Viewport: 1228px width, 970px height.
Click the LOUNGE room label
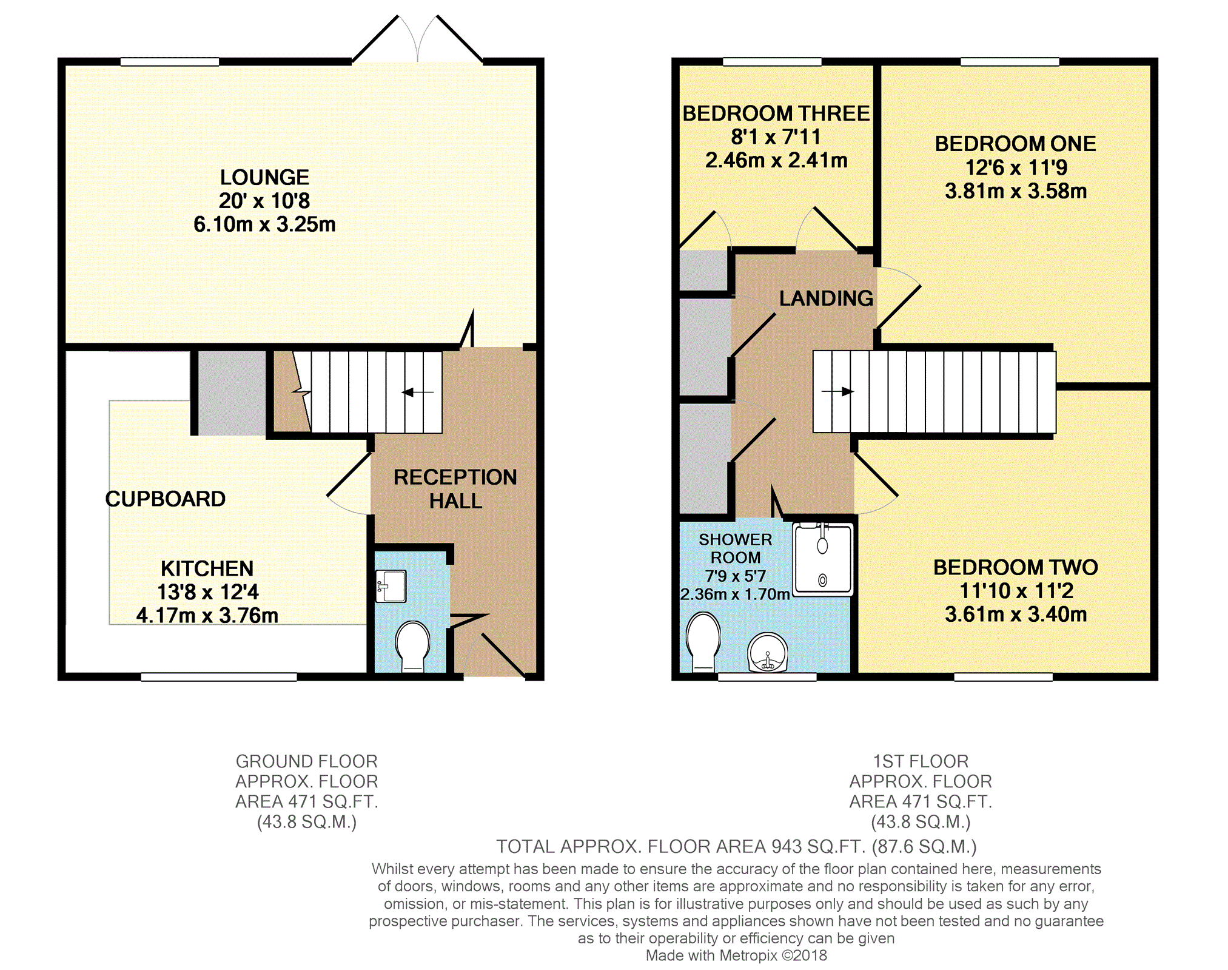click(x=264, y=177)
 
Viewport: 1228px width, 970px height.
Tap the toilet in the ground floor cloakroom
click(x=413, y=647)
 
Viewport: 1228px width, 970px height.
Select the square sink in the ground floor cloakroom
click(x=391, y=586)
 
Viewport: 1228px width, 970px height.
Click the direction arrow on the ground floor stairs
click(x=418, y=392)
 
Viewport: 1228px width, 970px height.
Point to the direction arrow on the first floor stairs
click(x=837, y=391)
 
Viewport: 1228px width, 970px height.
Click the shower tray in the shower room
click(x=823, y=559)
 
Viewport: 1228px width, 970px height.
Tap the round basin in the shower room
click(x=767, y=653)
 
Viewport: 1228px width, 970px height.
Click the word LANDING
click(x=826, y=298)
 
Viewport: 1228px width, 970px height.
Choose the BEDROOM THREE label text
click(x=776, y=113)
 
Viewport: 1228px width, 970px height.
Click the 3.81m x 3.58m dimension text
click(x=1016, y=191)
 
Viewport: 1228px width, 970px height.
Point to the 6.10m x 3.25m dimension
click(x=264, y=224)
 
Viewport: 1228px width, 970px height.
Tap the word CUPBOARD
click(x=166, y=499)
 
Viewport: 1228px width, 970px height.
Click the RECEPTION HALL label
click(x=455, y=489)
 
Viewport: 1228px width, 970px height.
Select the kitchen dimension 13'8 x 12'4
click(x=207, y=591)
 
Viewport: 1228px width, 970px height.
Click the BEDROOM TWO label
click(x=1016, y=567)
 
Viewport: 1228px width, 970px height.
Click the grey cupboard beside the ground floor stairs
click(x=232, y=393)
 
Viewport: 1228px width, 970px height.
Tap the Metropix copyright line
click(x=736, y=955)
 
